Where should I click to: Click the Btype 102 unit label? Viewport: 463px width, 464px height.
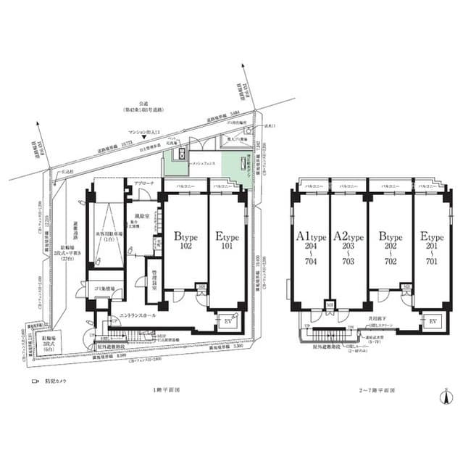pyautogui.click(x=184, y=240)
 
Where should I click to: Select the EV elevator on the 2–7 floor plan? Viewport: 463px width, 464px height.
pyautogui.click(x=433, y=320)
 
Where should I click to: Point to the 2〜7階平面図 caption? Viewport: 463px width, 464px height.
pyautogui.click(x=378, y=389)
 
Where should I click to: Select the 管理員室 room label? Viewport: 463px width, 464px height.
pyautogui.click(x=150, y=279)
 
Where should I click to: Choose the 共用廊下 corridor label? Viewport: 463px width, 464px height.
pyautogui.click(x=386, y=309)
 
